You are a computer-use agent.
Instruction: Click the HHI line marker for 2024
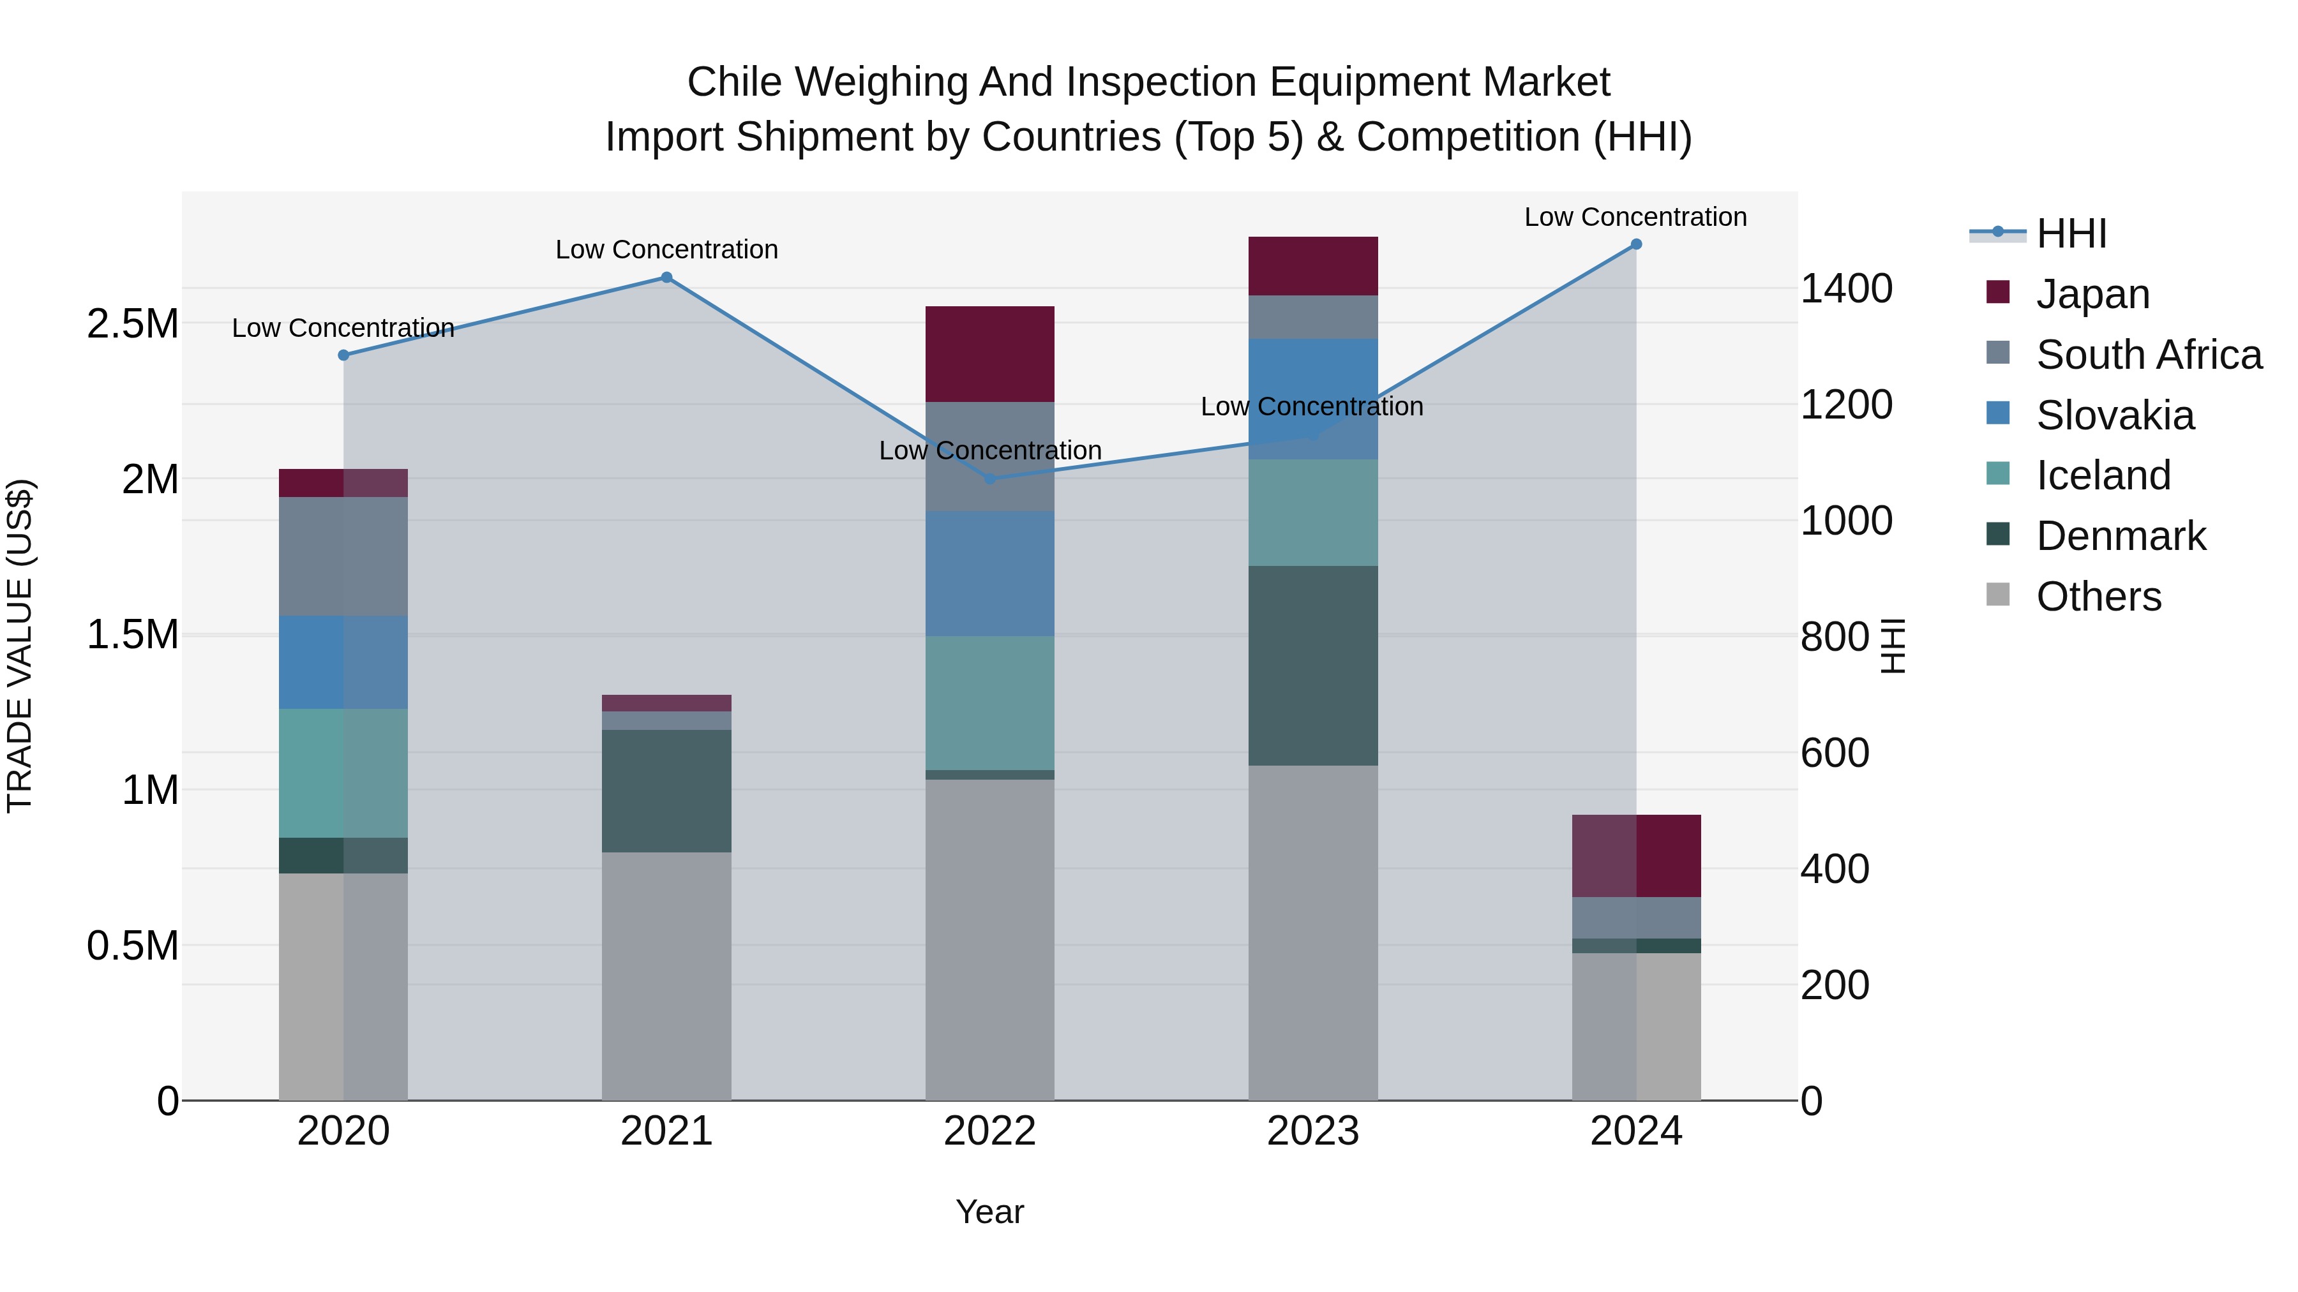tap(1635, 244)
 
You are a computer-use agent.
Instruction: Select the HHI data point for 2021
tap(666, 278)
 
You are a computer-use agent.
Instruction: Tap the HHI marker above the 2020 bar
tap(343, 355)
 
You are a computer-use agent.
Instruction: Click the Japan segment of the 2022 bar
tap(989, 354)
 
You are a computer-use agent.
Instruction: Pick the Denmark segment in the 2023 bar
tap(1312, 665)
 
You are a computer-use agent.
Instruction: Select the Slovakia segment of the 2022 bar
tap(989, 574)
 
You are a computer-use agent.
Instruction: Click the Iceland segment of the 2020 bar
tap(343, 773)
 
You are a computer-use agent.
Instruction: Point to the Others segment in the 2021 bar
tap(666, 976)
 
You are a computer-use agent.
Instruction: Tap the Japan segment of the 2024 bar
tap(1635, 856)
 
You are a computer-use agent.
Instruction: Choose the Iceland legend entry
tap(2103, 475)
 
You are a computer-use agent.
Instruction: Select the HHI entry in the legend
tap(2071, 234)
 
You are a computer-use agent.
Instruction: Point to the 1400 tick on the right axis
tap(1845, 289)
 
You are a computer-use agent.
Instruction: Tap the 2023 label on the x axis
tap(1312, 1131)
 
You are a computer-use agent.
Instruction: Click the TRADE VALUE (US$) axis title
tap(20, 646)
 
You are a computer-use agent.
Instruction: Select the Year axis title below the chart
tap(989, 1212)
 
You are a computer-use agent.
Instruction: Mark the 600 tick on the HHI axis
tap(1834, 753)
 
